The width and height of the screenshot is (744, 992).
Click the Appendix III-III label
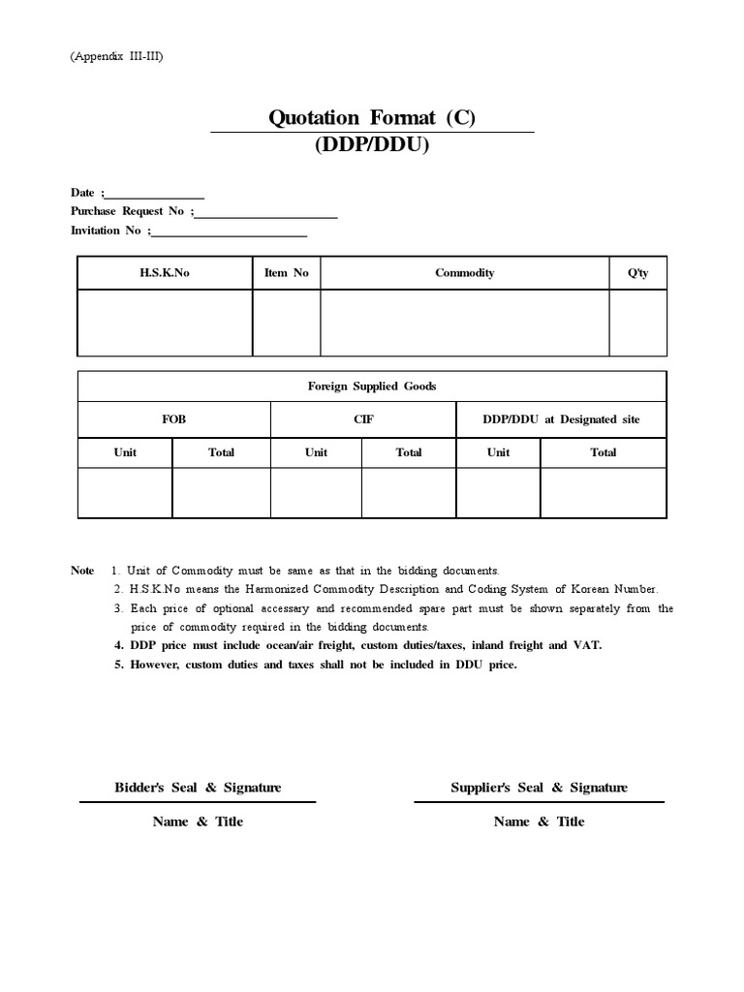pos(116,57)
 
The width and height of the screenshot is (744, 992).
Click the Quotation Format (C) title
pos(372,118)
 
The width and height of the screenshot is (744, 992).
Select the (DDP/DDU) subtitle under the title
pos(372,145)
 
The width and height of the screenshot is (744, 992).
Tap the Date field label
pos(85,193)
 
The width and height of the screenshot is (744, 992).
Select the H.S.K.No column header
pos(165,273)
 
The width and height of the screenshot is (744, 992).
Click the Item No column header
pos(286,273)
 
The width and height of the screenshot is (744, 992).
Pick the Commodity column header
pos(464,273)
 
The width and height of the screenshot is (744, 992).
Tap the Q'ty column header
pos(637,273)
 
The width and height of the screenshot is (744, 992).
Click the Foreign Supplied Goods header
pos(372,387)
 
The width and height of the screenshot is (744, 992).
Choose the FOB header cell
pos(173,419)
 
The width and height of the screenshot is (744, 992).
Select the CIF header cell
pos(363,419)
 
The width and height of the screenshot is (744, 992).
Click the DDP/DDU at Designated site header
pos(560,419)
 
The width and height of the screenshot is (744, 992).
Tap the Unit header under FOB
pos(125,452)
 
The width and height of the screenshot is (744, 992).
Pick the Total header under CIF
pos(409,452)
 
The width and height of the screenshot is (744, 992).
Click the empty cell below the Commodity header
pos(464,323)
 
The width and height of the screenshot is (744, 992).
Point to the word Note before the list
pos(82,571)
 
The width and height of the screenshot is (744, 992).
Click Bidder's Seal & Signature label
pos(198,788)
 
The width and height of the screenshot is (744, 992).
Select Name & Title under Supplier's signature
pos(539,821)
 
